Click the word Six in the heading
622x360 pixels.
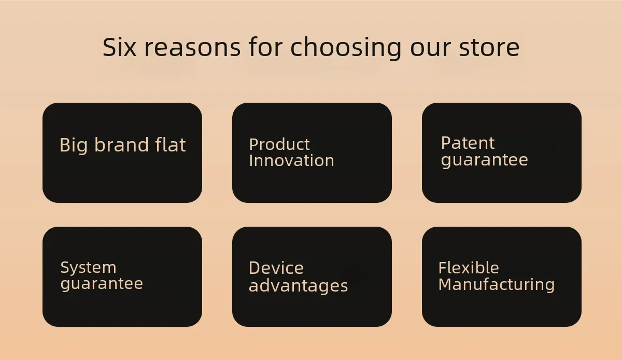119,47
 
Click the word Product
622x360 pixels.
279,144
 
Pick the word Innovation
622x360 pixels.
291,160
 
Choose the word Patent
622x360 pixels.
468,143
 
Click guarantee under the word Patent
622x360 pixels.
485,160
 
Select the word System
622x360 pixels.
88,268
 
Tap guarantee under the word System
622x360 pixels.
102,284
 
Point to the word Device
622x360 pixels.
276,268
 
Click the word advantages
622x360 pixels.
299,286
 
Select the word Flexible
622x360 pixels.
469,268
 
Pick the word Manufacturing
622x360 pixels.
497,285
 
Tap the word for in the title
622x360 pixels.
265,47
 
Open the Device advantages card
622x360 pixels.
312,276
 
